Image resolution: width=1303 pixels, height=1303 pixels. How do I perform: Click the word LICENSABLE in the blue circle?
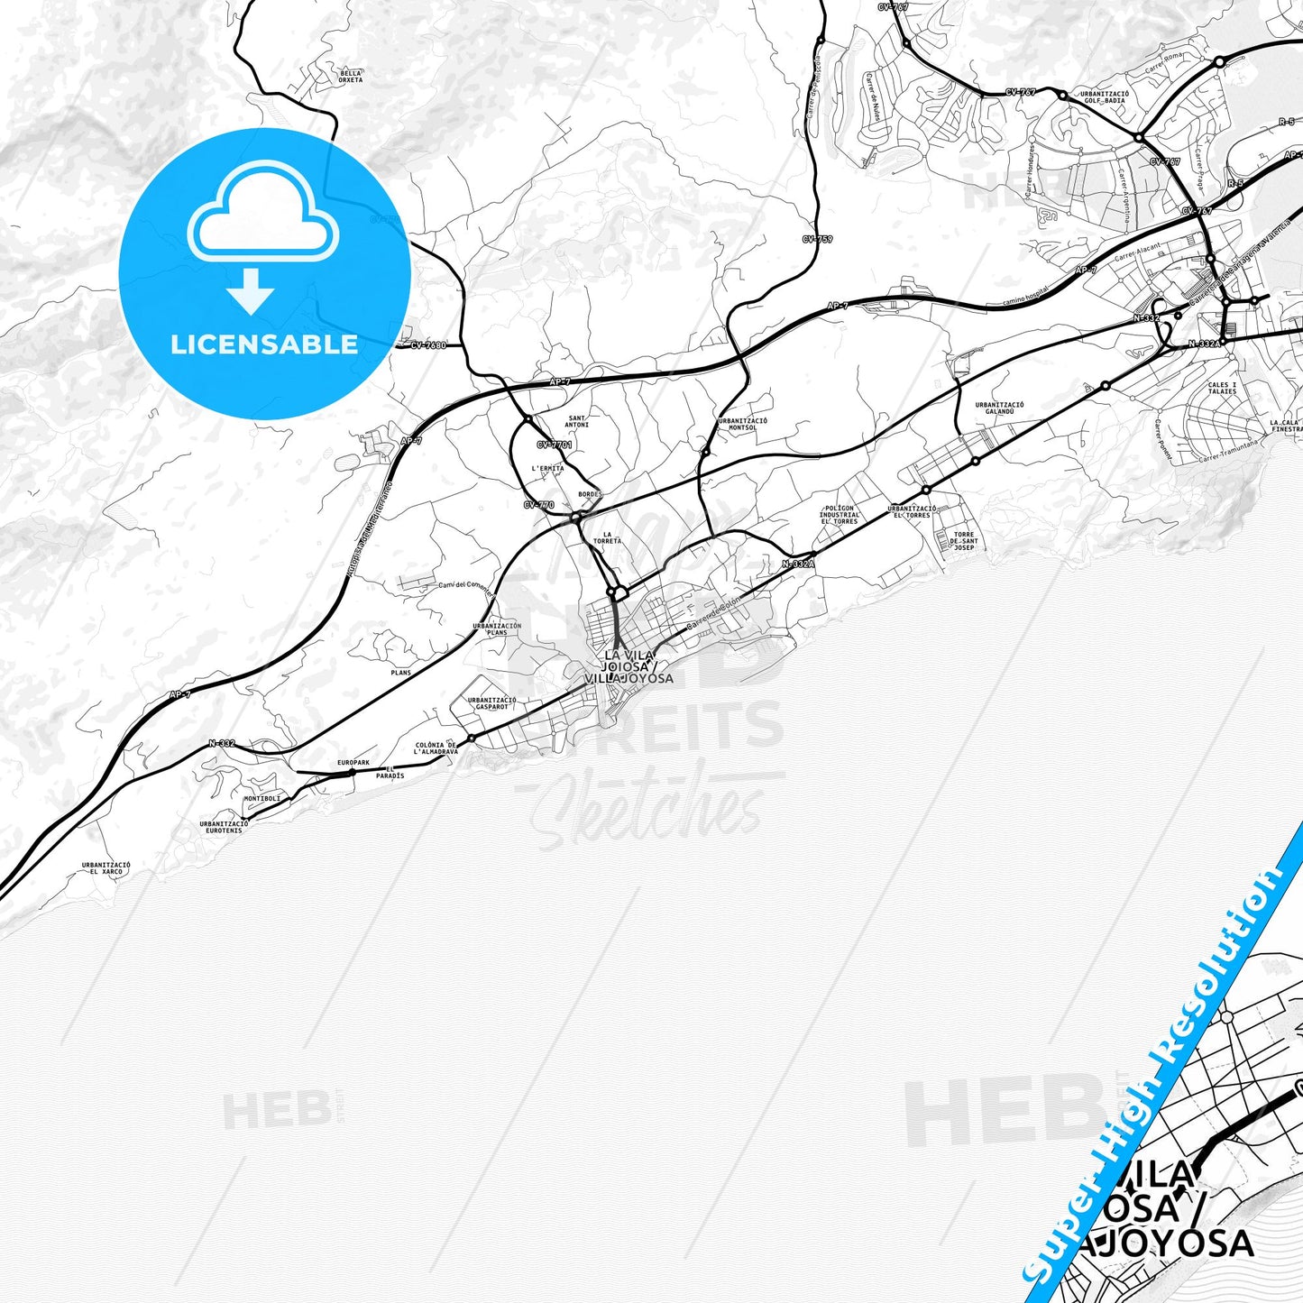(264, 344)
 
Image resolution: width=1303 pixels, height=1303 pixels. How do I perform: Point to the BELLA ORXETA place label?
(352, 77)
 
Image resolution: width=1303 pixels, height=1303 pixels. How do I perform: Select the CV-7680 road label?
(427, 345)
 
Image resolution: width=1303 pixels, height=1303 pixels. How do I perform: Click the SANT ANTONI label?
(577, 421)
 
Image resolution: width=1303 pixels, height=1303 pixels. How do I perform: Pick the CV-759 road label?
(817, 239)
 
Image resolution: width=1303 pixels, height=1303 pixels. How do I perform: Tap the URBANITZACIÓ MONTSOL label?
(743, 424)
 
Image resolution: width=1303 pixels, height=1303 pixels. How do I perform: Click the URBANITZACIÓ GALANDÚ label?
(999, 408)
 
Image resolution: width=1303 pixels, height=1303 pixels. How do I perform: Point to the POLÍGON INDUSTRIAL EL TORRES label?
(840, 515)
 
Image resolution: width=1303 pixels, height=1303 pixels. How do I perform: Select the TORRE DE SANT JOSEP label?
(964, 541)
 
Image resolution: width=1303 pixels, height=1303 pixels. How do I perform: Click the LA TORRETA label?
(608, 537)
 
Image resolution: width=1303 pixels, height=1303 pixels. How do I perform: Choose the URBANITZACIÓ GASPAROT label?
(492, 703)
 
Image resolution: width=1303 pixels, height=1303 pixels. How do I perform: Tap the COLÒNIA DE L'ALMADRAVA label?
(436, 748)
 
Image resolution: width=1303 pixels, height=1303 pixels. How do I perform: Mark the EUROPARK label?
(353, 763)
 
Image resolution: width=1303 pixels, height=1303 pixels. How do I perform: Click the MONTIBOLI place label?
(262, 798)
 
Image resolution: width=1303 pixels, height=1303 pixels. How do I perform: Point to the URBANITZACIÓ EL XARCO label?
(106, 867)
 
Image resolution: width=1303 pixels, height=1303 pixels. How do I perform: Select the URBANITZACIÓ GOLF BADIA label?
(1105, 97)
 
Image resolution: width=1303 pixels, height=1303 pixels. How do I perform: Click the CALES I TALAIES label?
(1222, 388)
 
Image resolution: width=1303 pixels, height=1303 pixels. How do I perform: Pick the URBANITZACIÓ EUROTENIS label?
(224, 826)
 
